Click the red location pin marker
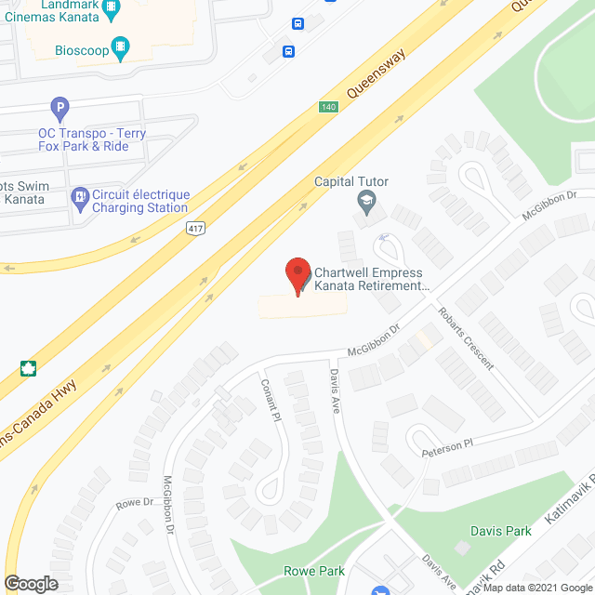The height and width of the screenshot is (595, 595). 297,276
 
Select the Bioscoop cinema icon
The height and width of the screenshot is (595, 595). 120,46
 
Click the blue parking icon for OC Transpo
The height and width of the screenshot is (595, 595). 60,109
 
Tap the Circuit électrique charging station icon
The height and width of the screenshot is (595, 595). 80,197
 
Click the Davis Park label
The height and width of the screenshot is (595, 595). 502,531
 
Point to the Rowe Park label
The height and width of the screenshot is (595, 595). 315,571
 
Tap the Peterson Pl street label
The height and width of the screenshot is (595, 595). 448,448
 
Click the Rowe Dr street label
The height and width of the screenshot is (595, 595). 134,503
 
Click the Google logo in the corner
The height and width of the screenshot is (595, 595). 31,584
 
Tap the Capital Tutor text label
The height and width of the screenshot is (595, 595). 351,181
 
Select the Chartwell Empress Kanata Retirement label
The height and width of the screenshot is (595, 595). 369,280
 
